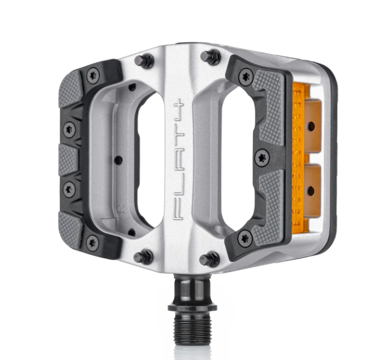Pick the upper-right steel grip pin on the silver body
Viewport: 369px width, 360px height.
[212, 57]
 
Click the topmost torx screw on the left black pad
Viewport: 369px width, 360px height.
[92, 74]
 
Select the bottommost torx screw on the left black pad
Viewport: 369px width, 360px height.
[92, 241]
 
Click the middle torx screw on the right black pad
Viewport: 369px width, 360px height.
[262, 156]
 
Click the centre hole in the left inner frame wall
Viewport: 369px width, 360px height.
[118, 158]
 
